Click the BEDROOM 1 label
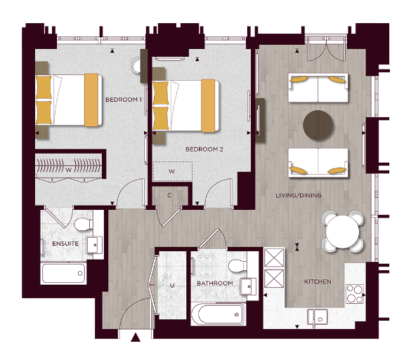(x=124, y=100)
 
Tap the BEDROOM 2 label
(x=204, y=149)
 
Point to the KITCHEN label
(x=316, y=282)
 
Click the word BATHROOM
(x=214, y=284)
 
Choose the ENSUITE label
(x=66, y=244)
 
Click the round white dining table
(x=344, y=229)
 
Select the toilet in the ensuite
(x=83, y=222)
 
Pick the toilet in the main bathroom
(x=237, y=265)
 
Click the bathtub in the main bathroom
(x=217, y=314)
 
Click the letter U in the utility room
(x=171, y=285)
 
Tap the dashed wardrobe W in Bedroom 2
(x=172, y=171)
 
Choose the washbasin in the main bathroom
(x=247, y=287)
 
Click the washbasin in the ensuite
(x=93, y=245)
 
